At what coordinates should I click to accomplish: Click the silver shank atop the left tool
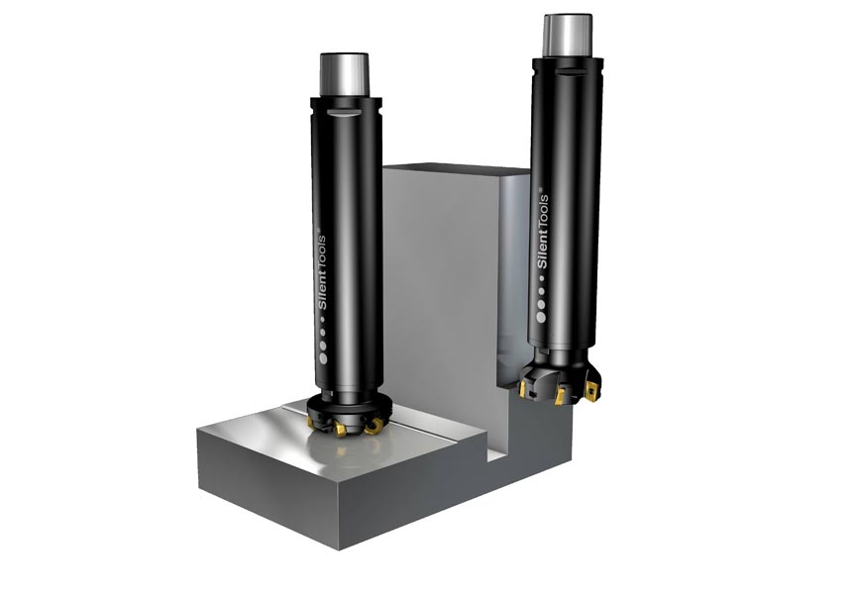coord(344,74)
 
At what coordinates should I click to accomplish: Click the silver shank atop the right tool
coord(568,36)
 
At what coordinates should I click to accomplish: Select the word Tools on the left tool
coord(326,247)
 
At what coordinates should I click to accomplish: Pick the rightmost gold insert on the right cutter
coord(592,388)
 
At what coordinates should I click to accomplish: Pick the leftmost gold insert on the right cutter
coord(522,388)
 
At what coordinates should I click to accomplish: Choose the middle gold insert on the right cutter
coord(560,396)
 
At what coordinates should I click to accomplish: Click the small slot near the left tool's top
coord(341,116)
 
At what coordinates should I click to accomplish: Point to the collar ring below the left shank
coord(344,102)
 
